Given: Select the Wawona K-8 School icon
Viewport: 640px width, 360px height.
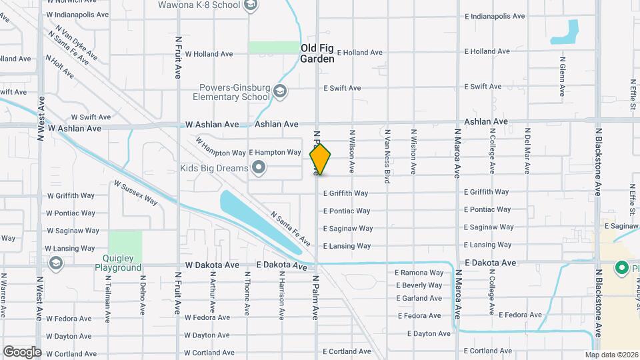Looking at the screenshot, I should coord(251,6).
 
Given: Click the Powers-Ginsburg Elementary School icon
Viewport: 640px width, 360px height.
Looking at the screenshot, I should coord(281,91).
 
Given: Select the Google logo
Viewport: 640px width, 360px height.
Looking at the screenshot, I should coord(22,351).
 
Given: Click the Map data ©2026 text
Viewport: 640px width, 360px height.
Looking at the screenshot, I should coord(611,355).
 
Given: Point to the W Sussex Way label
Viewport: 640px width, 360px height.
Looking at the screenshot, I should coord(135,193).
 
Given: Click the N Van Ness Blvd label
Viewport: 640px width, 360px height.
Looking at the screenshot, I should coord(387,156).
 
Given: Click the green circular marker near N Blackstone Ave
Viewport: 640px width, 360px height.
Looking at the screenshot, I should coord(622,268).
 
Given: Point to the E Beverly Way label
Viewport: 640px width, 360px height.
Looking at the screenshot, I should coord(419,285).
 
